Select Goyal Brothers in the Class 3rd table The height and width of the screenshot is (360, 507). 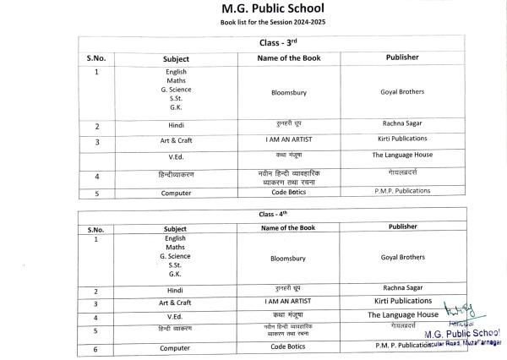click(402, 91)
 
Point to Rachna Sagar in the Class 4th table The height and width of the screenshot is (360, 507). click(402, 289)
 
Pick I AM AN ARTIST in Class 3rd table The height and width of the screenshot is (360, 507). click(289, 139)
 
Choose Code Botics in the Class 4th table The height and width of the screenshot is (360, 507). click(289, 346)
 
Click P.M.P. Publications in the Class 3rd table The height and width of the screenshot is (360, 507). click(402, 191)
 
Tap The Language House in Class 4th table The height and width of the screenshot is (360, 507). click(402, 315)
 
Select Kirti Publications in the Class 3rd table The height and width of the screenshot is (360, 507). click(402, 138)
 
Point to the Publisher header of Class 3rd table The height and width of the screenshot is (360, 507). click(402, 57)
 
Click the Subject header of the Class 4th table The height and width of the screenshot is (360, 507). click(175, 227)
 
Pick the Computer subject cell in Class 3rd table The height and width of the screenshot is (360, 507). click(175, 193)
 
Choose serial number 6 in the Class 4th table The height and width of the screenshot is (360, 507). click(96, 348)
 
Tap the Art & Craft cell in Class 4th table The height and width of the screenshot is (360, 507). click(175, 302)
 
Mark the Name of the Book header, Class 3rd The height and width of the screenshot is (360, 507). click(289, 57)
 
